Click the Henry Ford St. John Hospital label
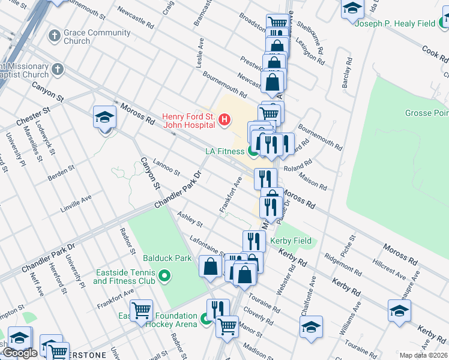pos(188,121)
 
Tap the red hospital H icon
pos(224,120)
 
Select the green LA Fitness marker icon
pos(253,152)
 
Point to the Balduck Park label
pos(171,259)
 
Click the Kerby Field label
pos(291,241)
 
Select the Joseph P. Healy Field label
pos(394,23)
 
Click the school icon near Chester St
pos(104,118)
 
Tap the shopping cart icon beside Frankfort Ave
pos(141,310)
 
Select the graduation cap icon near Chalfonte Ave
pos(311,327)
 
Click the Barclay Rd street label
pos(347,74)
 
